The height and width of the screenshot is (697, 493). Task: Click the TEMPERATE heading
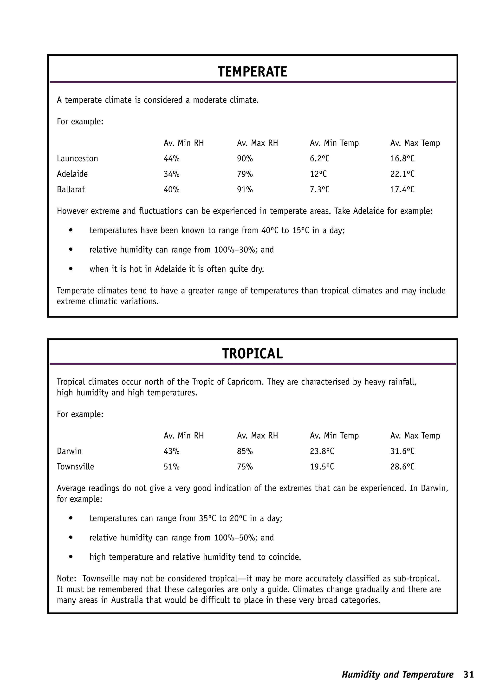(x=252, y=72)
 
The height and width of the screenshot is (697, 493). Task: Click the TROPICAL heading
(x=252, y=354)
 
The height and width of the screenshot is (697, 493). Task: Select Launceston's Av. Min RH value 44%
(x=172, y=158)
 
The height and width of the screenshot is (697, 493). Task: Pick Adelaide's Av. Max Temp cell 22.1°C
(x=402, y=174)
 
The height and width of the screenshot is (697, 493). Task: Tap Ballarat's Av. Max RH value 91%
(x=245, y=189)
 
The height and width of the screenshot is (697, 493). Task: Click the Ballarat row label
(x=71, y=189)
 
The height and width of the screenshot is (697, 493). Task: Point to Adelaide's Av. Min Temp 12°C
(x=318, y=174)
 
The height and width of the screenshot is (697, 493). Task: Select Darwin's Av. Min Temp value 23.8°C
(x=322, y=451)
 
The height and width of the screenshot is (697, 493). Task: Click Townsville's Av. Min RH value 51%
(x=172, y=467)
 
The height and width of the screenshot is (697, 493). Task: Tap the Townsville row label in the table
(x=75, y=467)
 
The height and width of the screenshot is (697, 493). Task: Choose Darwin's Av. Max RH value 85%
(x=245, y=451)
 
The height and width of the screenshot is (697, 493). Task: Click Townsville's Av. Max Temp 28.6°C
(x=402, y=467)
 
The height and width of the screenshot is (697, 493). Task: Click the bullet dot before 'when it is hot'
(x=71, y=269)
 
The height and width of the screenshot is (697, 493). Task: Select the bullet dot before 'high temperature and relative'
(x=71, y=557)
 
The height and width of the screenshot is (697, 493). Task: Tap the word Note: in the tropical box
(x=66, y=578)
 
